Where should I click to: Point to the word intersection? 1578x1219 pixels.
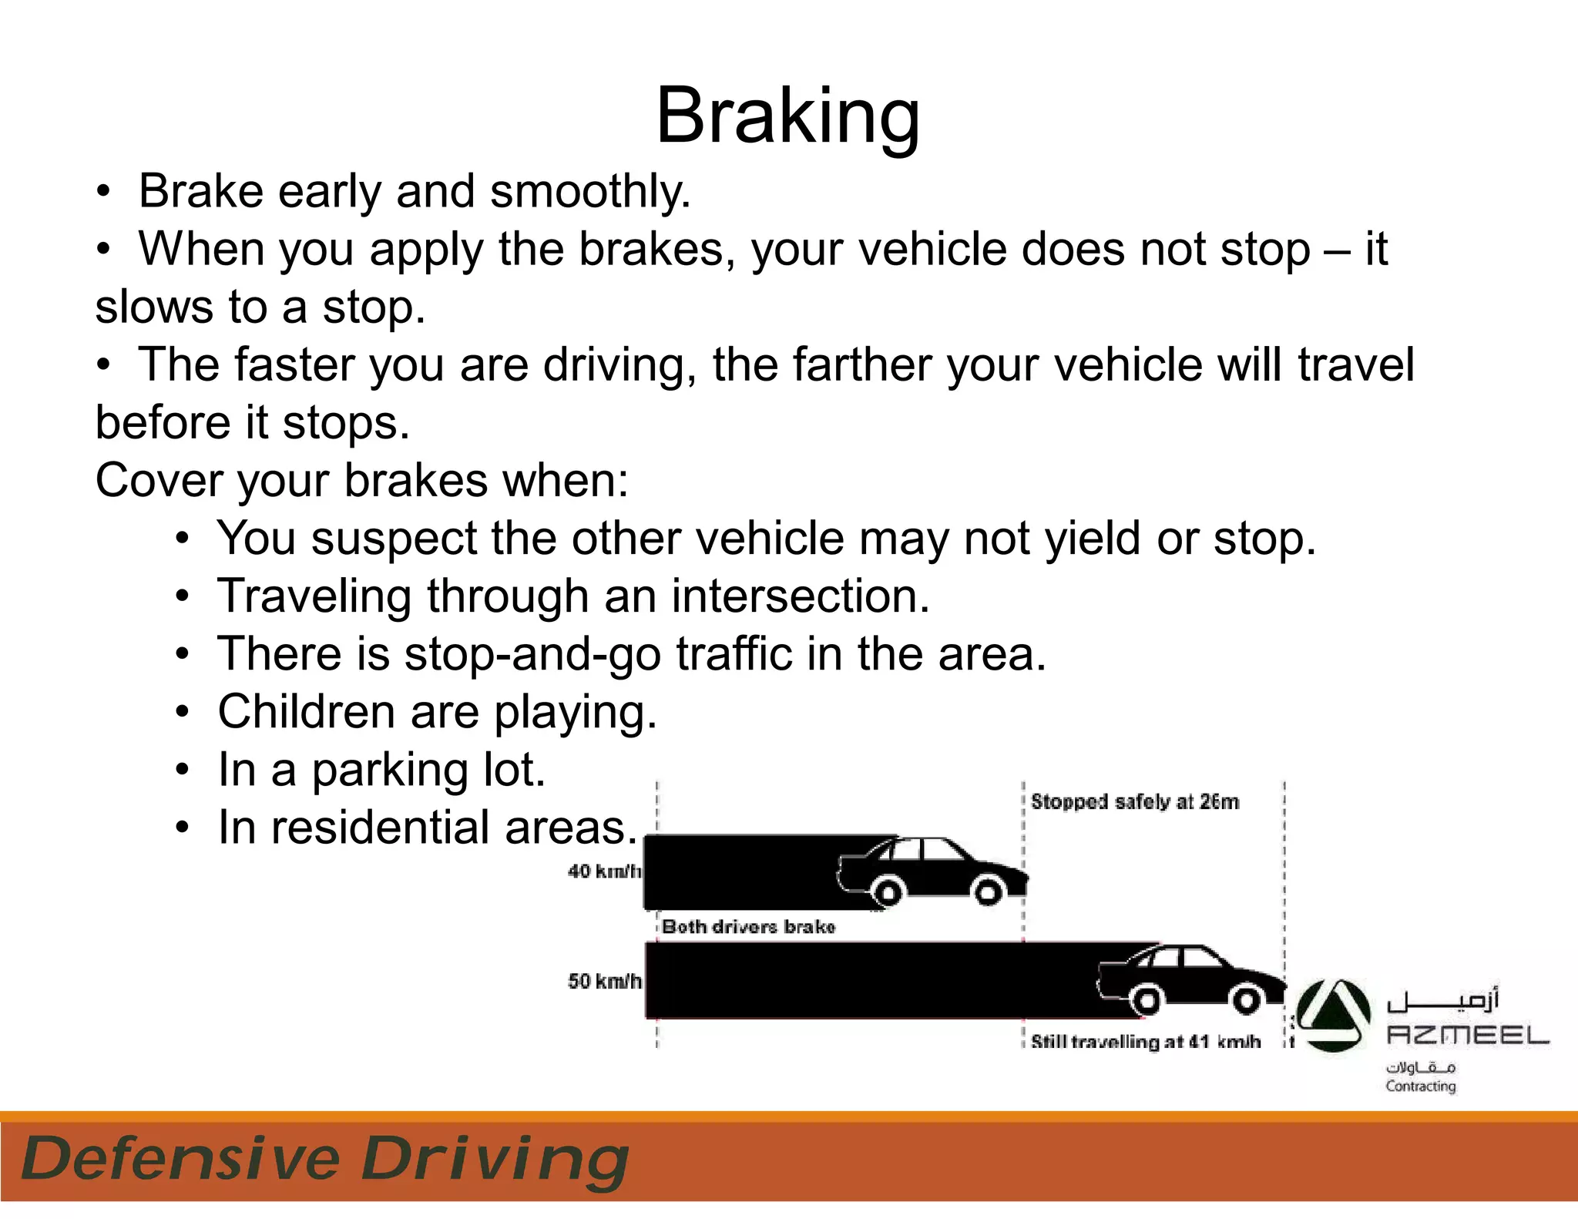pyautogui.click(x=800, y=596)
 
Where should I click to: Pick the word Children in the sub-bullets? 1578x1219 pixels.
pyautogui.click(x=306, y=711)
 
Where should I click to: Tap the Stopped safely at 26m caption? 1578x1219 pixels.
pyautogui.click(x=1134, y=802)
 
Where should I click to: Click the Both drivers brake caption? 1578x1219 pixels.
pyautogui.click(x=748, y=926)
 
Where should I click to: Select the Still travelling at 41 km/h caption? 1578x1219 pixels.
pyautogui.click(x=1145, y=1042)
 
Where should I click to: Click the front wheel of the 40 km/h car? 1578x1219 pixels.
pyautogui.click(x=989, y=892)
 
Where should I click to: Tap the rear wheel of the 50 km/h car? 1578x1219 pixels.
pyautogui.click(x=1147, y=1000)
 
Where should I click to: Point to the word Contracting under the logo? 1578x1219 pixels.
pyautogui.click(x=1420, y=1086)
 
